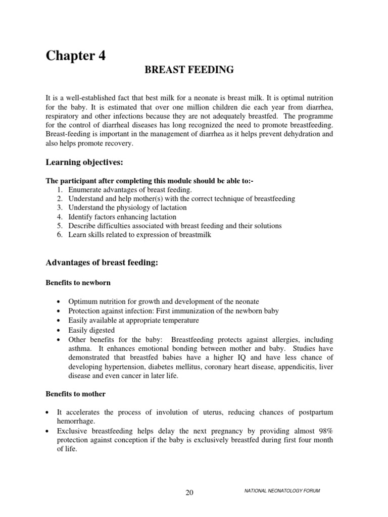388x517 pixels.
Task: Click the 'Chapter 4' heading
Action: (x=76, y=56)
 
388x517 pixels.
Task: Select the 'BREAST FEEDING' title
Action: (x=189, y=70)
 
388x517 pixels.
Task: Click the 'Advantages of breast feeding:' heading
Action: (x=103, y=263)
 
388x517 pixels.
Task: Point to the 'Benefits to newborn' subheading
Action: (x=78, y=282)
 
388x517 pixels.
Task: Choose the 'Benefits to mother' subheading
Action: (x=76, y=393)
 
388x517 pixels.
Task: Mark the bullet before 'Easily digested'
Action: (x=60, y=330)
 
